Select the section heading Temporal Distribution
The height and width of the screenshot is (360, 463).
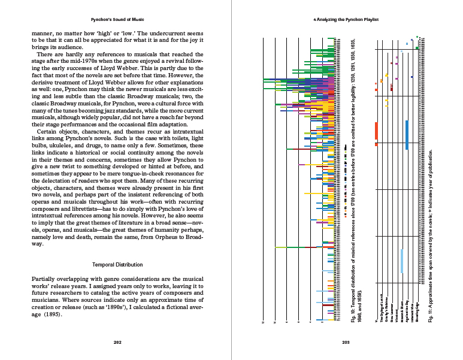(x=117, y=264)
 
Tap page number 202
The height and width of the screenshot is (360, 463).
(x=117, y=343)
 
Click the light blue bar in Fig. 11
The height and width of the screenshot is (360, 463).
(x=401, y=269)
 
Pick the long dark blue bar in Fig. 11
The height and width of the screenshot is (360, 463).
(x=407, y=135)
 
